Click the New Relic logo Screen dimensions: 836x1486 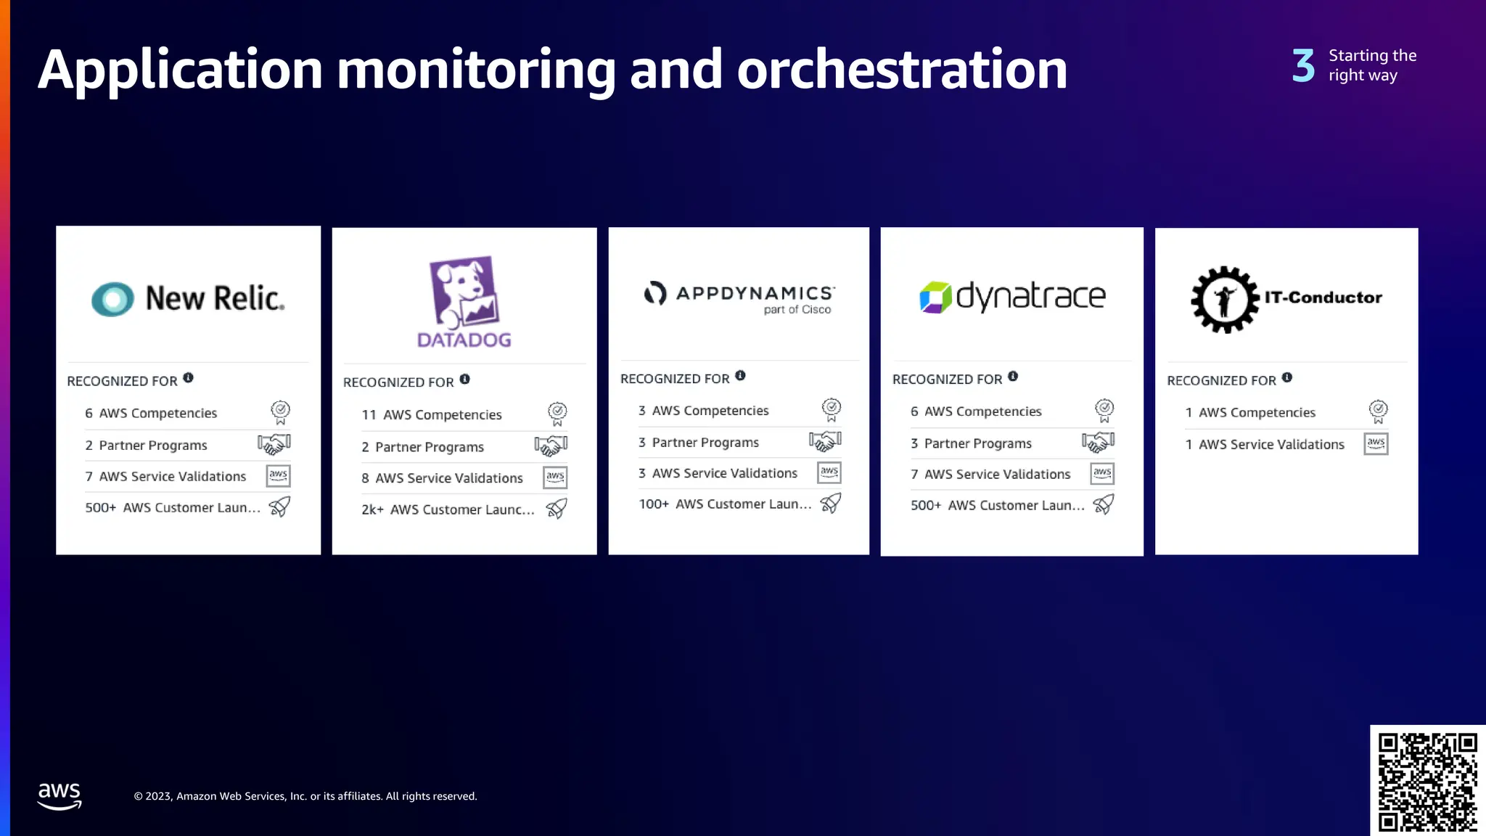pos(188,298)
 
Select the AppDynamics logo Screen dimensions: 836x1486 pos(739,296)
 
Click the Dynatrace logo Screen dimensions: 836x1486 pos(1012,297)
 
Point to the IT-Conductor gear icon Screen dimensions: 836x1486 pos(1225,299)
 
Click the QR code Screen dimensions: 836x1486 pos(1427,781)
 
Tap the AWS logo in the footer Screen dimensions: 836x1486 pos(59,795)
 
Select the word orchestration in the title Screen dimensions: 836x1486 pos(902,70)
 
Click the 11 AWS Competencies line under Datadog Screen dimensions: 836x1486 pos(432,415)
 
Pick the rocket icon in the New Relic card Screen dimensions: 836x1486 pos(279,507)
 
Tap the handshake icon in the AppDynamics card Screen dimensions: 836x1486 pos(825,440)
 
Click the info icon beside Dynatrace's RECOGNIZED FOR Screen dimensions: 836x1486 pos(1013,377)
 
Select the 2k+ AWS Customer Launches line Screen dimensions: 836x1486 pos(448,509)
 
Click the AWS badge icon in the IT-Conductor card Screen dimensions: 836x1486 pos(1376,443)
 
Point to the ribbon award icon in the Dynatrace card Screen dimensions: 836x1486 pos(1104,410)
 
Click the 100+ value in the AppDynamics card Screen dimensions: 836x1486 pos(653,504)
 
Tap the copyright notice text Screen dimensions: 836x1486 pos(305,796)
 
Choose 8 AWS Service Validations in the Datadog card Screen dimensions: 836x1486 pos(442,478)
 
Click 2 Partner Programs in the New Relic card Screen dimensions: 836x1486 pos(146,446)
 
